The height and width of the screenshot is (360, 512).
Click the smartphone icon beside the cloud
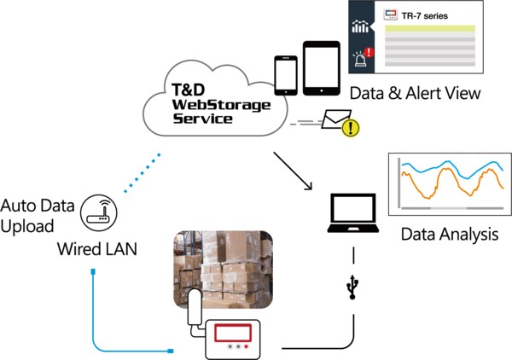click(x=286, y=76)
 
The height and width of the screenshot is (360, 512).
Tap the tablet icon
click(x=322, y=68)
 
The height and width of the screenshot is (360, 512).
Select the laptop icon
click(x=353, y=212)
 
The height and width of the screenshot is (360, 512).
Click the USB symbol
click(x=352, y=287)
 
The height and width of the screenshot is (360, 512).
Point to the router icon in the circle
click(x=98, y=213)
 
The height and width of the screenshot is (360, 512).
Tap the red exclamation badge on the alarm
click(x=369, y=52)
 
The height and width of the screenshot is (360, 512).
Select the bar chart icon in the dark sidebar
click(x=360, y=26)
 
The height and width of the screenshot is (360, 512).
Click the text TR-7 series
click(x=424, y=16)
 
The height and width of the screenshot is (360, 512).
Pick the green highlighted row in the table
click(x=430, y=29)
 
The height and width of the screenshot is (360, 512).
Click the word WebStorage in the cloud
click(x=221, y=105)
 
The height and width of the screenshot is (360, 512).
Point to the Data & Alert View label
click(x=415, y=93)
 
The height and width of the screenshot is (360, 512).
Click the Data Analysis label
click(x=450, y=235)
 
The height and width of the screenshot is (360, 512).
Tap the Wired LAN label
click(x=97, y=249)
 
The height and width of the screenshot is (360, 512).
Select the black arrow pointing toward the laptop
click(x=293, y=171)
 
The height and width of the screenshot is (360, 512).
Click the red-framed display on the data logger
click(x=233, y=333)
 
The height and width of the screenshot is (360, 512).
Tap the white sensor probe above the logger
click(x=195, y=307)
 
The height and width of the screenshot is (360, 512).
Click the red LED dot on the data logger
click(x=247, y=346)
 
